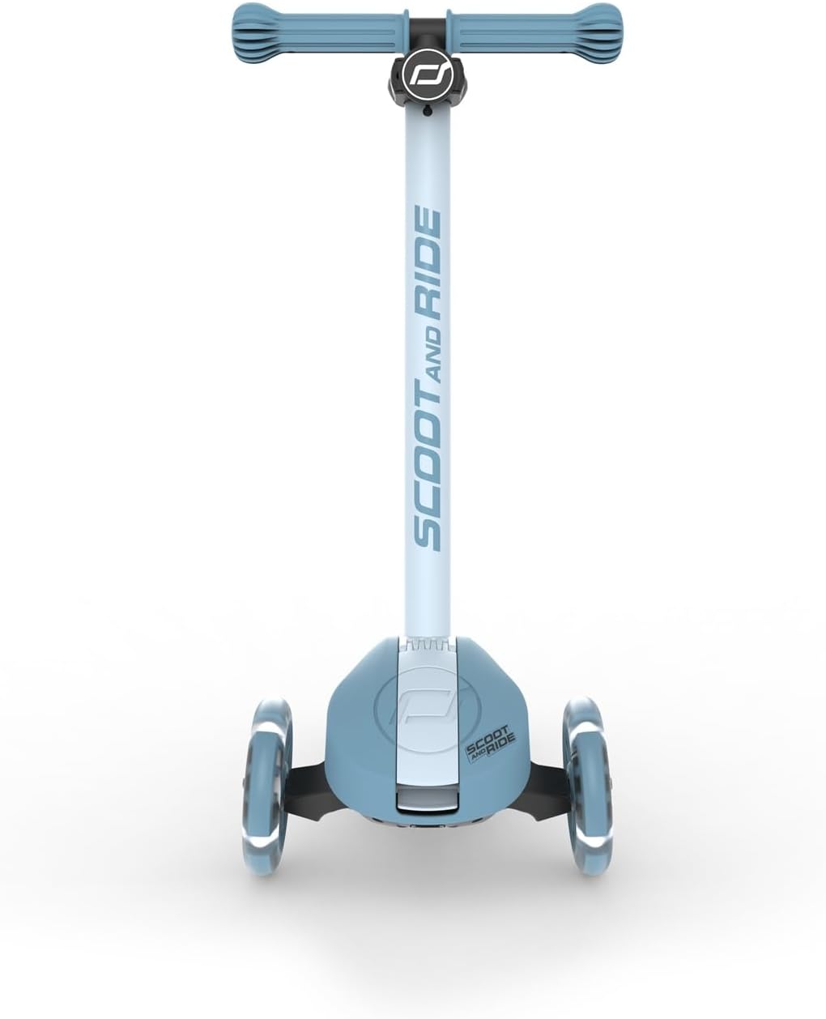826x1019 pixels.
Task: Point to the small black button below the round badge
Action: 427,112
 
